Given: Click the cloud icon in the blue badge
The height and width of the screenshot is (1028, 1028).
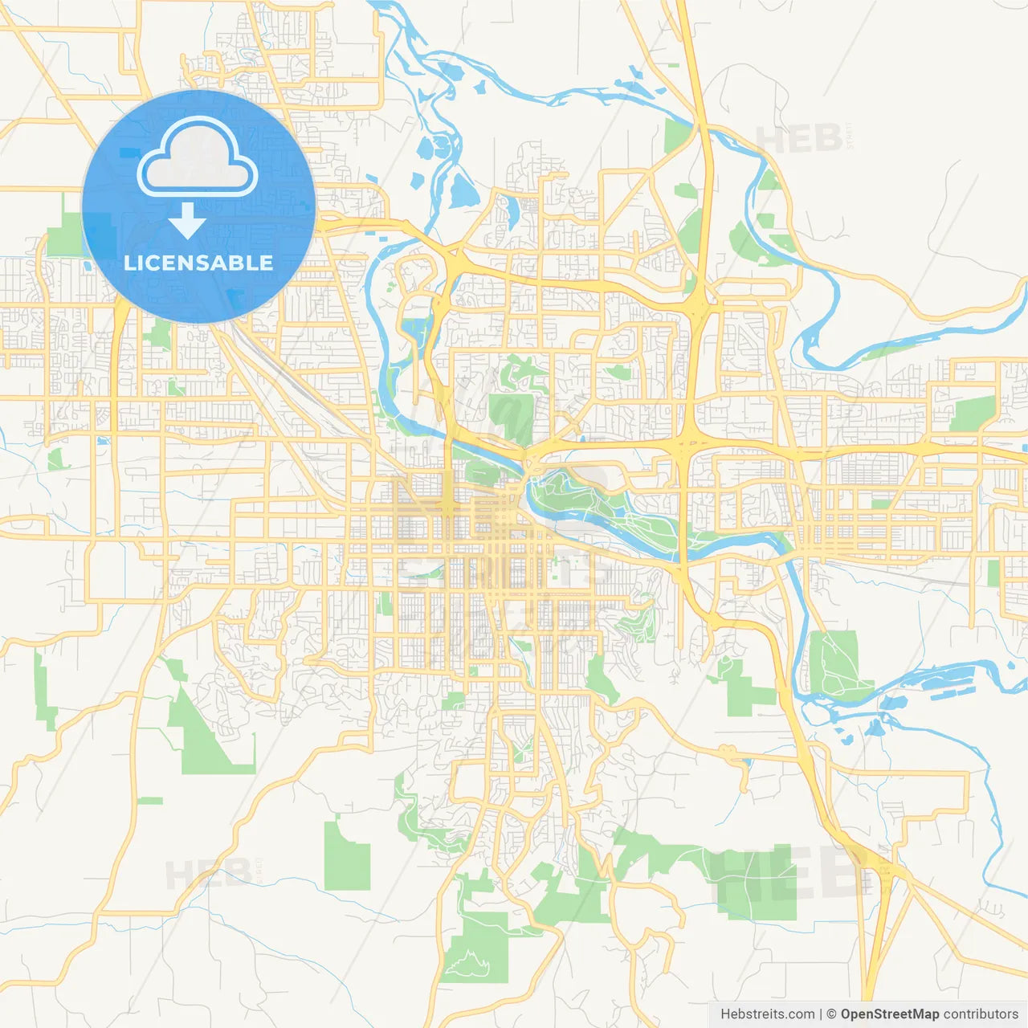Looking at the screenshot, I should pos(198,158).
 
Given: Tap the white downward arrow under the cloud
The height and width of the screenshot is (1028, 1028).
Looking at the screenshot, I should pos(187,221).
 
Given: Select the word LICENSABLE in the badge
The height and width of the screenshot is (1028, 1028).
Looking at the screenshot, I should pos(198,263).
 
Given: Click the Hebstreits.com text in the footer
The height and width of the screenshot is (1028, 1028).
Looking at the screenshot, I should pos(767,1014).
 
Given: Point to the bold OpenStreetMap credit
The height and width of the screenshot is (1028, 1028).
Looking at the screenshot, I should pos(889,1014).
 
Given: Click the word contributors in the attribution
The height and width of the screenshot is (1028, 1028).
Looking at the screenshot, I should pos(981,1014).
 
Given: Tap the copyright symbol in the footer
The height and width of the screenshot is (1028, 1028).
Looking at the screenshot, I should pos(831,1014).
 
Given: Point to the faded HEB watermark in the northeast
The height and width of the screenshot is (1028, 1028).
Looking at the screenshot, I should pos(799,140).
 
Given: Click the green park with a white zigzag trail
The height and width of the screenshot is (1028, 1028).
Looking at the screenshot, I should pos(475,948).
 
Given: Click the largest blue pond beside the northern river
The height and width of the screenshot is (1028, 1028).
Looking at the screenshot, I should pos(463,191).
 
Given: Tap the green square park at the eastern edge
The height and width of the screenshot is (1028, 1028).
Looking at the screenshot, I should pos(973,414).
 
